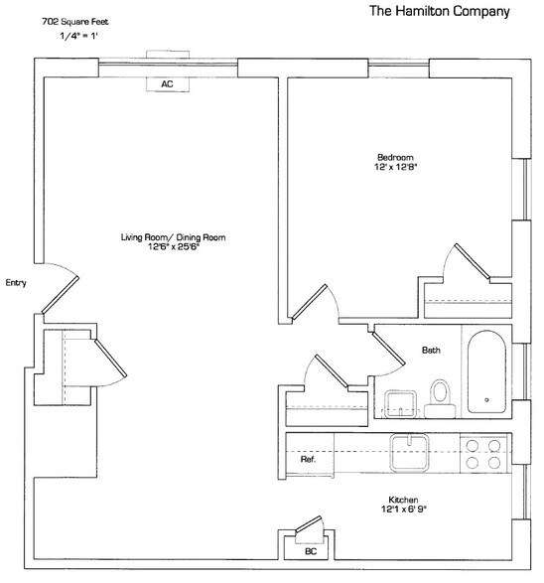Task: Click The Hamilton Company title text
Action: [x=439, y=12]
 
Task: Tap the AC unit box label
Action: [x=167, y=85]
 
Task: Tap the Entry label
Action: [x=15, y=283]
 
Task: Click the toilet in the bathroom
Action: [x=439, y=393]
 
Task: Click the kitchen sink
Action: [x=408, y=452]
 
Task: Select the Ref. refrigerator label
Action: [x=308, y=463]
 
